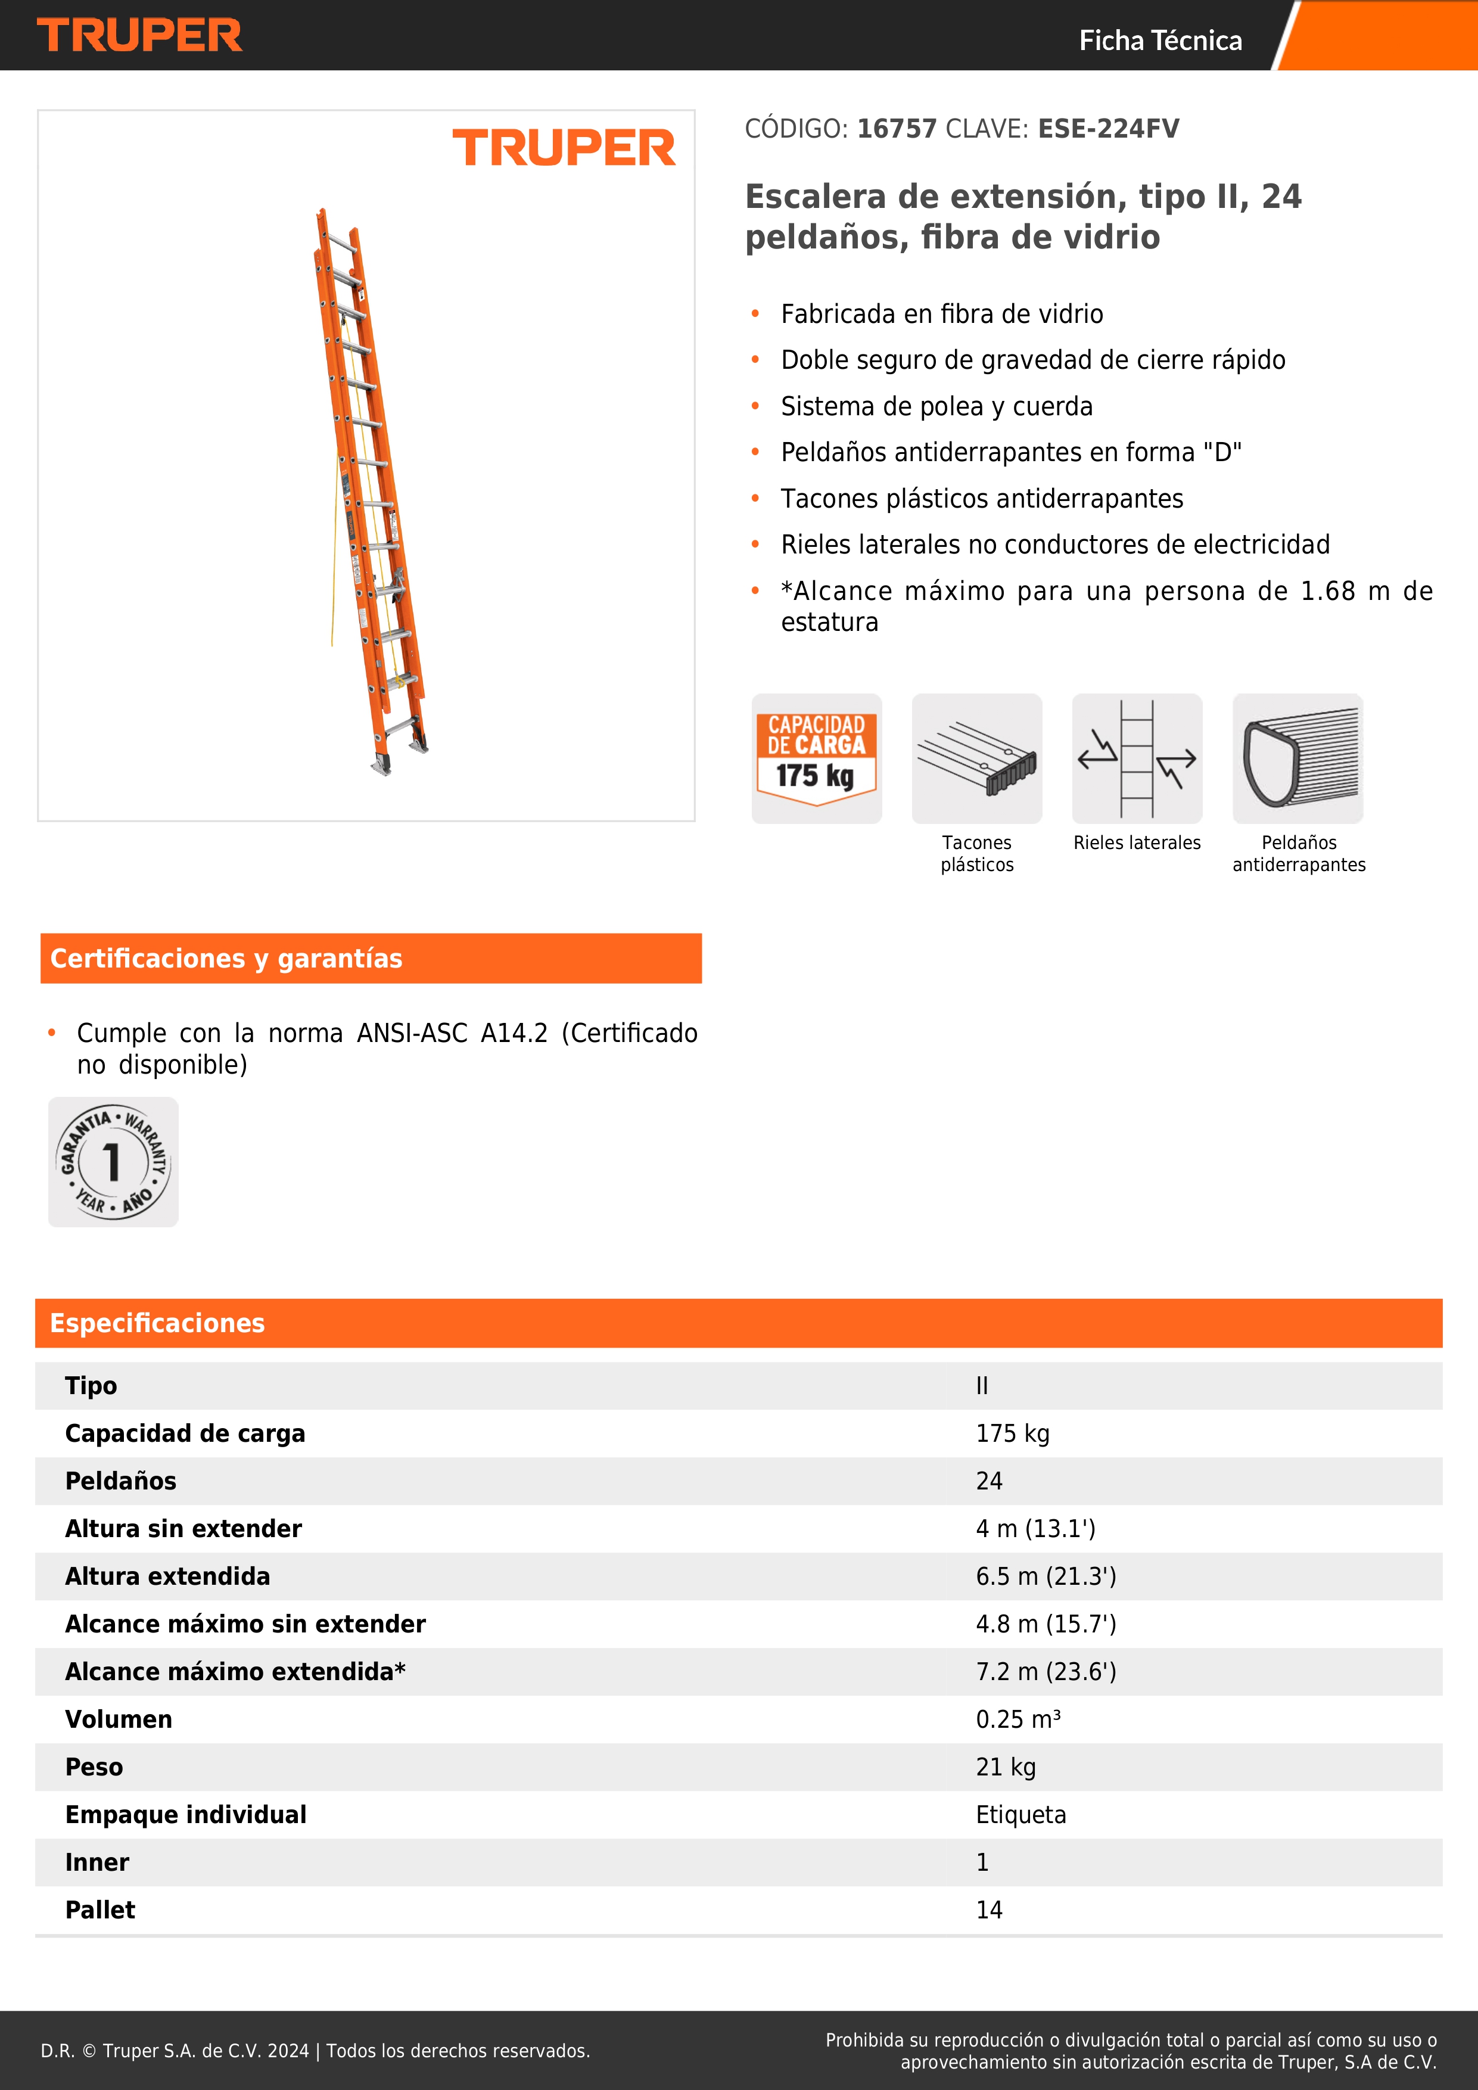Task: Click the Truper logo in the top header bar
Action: pyautogui.click(x=139, y=36)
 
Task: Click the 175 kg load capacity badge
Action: pyautogui.click(x=816, y=758)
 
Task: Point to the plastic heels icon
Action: pyautogui.click(x=976, y=758)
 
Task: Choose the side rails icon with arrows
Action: pyautogui.click(x=1137, y=758)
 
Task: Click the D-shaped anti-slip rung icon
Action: pyautogui.click(x=1298, y=758)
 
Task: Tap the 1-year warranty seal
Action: pyautogui.click(x=113, y=1162)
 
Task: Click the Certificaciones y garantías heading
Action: pyautogui.click(x=226, y=959)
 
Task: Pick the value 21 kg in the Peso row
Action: pyautogui.click(x=1006, y=1767)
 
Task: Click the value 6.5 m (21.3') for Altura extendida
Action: pyautogui.click(x=1046, y=1576)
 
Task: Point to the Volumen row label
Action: pyautogui.click(x=119, y=1719)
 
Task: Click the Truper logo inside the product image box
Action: pyautogui.click(x=564, y=148)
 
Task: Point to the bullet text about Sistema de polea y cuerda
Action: pyautogui.click(x=936, y=406)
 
